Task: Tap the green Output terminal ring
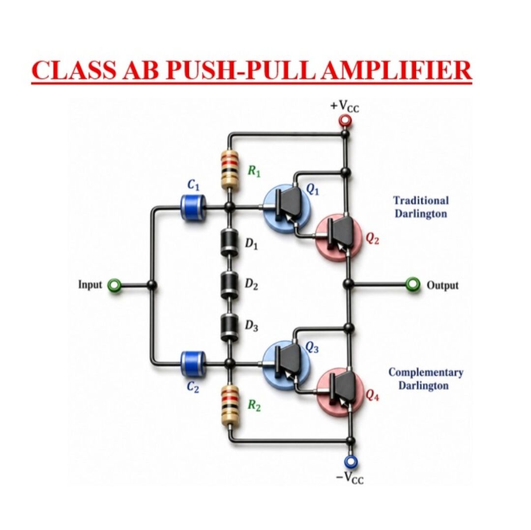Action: [x=413, y=284]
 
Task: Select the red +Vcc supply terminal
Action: [x=345, y=120]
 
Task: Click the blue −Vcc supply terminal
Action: [x=351, y=461]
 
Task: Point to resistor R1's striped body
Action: [x=229, y=170]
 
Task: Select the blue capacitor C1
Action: [x=193, y=207]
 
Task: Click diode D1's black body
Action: [x=229, y=243]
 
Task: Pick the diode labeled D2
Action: [x=229, y=285]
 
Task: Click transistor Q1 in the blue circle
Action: [x=287, y=208]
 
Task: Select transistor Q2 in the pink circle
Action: [x=339, y=237]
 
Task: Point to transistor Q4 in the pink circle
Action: [x=340, y=392]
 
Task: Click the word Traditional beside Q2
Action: [x=421, y=200]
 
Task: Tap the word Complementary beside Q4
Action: [x=426, y=372]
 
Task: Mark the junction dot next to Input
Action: [x=152, y=285]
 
